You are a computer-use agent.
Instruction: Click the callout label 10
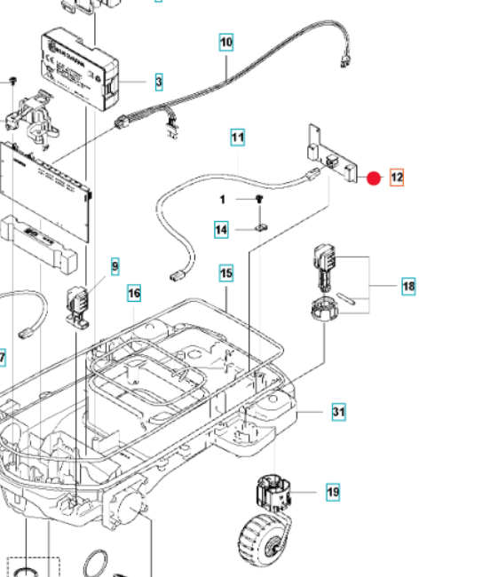pyautogui.click(x=226, y=42)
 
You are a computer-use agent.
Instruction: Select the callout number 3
pyautogui.click(x=158, y=83)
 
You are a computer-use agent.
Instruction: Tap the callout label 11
pyautogui.click(x=237, y=138)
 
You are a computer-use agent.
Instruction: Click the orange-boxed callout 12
pyautogui.click(x=396, y=178)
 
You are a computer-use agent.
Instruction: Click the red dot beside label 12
pyautogui.click(x=374, y=178)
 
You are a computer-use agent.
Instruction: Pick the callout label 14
pyautogui.click(x=220, y=230)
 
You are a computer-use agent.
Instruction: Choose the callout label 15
pyautogui.click(x=226, y=273)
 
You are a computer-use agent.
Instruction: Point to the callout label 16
pyautogui.click(x=134, y=293)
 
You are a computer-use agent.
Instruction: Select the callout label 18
pyautogui.click(x=408, y=286)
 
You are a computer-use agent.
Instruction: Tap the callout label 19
pyautogui.click(x=332, y=492)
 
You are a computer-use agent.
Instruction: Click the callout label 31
pyautogui.click(x=338, y=412)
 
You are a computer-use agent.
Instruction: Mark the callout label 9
pyautogui.click(x=115, y=265)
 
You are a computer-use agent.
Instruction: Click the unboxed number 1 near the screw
pyautogui.click(x=223, y=200)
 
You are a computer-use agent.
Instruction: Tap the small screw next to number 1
pyautogui.click(x=258, y=201)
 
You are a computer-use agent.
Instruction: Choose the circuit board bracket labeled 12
pyautogui.click(x=332, y=156)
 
